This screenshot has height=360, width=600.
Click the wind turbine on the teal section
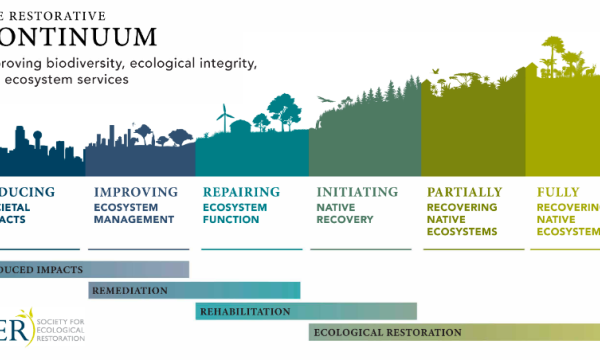click(226, 114)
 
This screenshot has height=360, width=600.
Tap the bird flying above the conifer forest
click(322, 99)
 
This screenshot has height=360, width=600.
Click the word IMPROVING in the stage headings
click(135, 192)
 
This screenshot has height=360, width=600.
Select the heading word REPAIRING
click(240, 192)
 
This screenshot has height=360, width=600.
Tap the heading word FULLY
click(558, 192)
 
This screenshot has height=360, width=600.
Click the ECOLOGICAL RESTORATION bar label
click(387, 332)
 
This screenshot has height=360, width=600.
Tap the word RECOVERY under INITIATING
click(345, 219)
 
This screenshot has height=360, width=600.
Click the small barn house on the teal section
click(241, 125)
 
